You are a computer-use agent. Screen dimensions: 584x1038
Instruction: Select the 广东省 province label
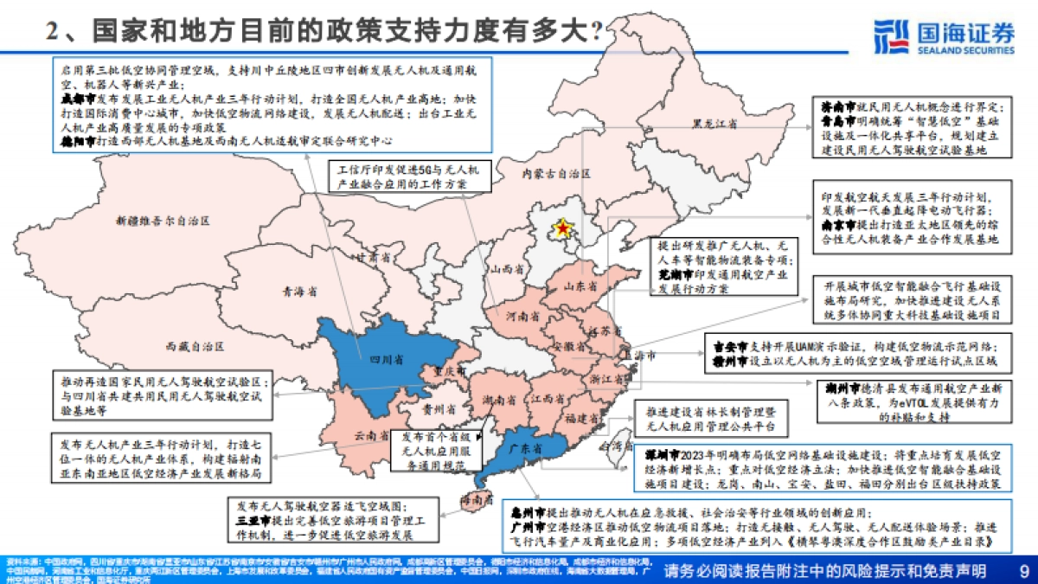click(525, 450)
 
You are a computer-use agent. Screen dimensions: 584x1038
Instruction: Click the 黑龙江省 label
click(714, 125)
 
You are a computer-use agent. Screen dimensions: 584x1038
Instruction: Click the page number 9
click(1024, 571)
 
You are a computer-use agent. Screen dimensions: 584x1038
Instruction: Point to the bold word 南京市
click(840, 224)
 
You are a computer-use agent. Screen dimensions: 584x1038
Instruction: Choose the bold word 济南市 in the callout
click(838, 106)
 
